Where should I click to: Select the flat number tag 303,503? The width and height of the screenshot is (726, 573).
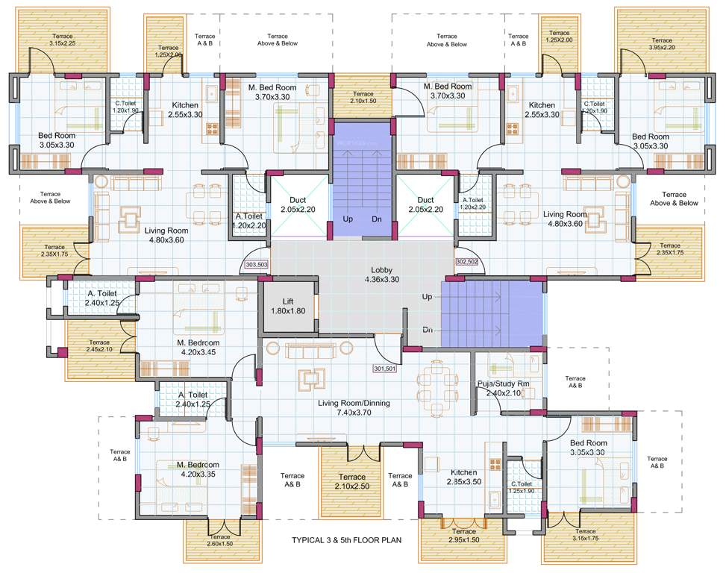(256, 264)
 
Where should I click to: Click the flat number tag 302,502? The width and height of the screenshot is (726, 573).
(466, 261)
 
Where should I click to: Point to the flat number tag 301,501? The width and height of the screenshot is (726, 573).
(384, 368)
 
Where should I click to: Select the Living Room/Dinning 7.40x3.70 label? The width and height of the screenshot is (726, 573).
(354, 407)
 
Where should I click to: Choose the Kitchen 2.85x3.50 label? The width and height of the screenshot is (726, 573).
(463, 477)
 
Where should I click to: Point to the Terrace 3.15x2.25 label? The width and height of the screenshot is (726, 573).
(63, 40)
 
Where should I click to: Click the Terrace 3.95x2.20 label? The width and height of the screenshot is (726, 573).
(651, 44)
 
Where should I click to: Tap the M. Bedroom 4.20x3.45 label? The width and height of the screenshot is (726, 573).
(196, 347)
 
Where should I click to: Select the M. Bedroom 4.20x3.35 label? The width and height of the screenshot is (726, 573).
(198, 469)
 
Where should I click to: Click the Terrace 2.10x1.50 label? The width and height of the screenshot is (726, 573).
(363, 97)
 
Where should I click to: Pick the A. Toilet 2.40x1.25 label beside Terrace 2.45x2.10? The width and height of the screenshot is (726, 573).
(102, 298)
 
